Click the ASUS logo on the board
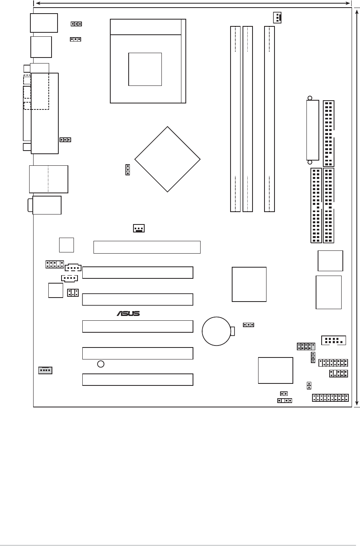tap(128, 314)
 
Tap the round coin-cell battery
tap(216, 331)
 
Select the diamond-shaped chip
tap(167, 159)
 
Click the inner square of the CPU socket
tap(145, 69)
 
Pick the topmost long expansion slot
tap(147, 247)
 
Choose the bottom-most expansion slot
tap(137, 379)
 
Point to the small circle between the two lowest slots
tap(101, 364)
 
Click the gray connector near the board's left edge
tap(45, 370)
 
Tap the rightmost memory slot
tap(269, 119)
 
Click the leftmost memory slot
tap(235, 119)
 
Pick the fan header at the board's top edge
tap(277, 18)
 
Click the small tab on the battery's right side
tap(233, 331)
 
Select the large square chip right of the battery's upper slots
tap(249, 284)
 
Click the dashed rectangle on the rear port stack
tap(36, 92)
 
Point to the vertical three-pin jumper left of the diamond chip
tap(127, 169)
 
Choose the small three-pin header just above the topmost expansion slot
tap(138, 228)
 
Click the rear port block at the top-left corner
tap(44, 23)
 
